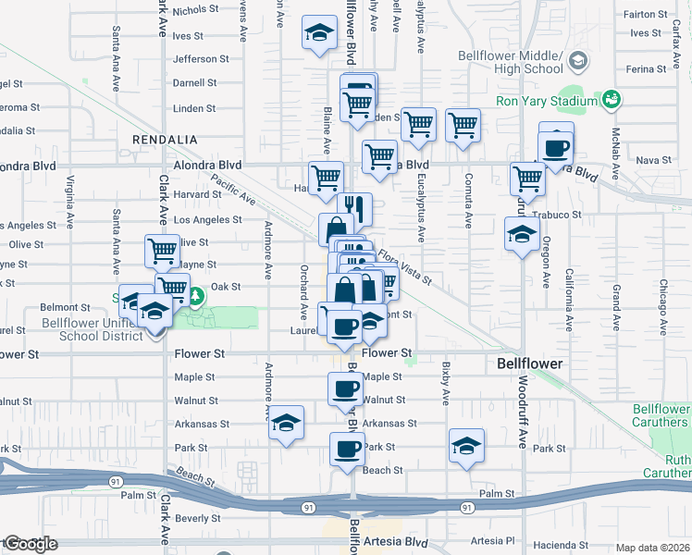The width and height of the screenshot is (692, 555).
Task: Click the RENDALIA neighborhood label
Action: point(165,139)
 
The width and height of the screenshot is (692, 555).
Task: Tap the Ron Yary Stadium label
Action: point(548,102)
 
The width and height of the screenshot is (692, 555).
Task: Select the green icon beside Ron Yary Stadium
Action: point(612,99)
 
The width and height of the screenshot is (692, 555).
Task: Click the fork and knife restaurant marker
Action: point(355,207)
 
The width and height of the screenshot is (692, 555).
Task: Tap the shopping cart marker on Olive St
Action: point(162,250)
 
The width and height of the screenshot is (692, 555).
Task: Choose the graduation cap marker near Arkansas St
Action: point(286,424)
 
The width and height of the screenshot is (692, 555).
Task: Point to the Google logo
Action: point(30,544)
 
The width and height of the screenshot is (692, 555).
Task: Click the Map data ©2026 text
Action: point(652,548)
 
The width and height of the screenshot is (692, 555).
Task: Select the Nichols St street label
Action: point(194,11)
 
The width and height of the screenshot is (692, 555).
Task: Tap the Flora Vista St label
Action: point(402,264)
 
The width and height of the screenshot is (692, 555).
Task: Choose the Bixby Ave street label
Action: point(445,390)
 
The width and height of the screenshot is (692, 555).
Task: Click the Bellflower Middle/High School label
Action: point(511,62)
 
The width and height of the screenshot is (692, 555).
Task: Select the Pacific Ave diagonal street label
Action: point(232,190)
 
